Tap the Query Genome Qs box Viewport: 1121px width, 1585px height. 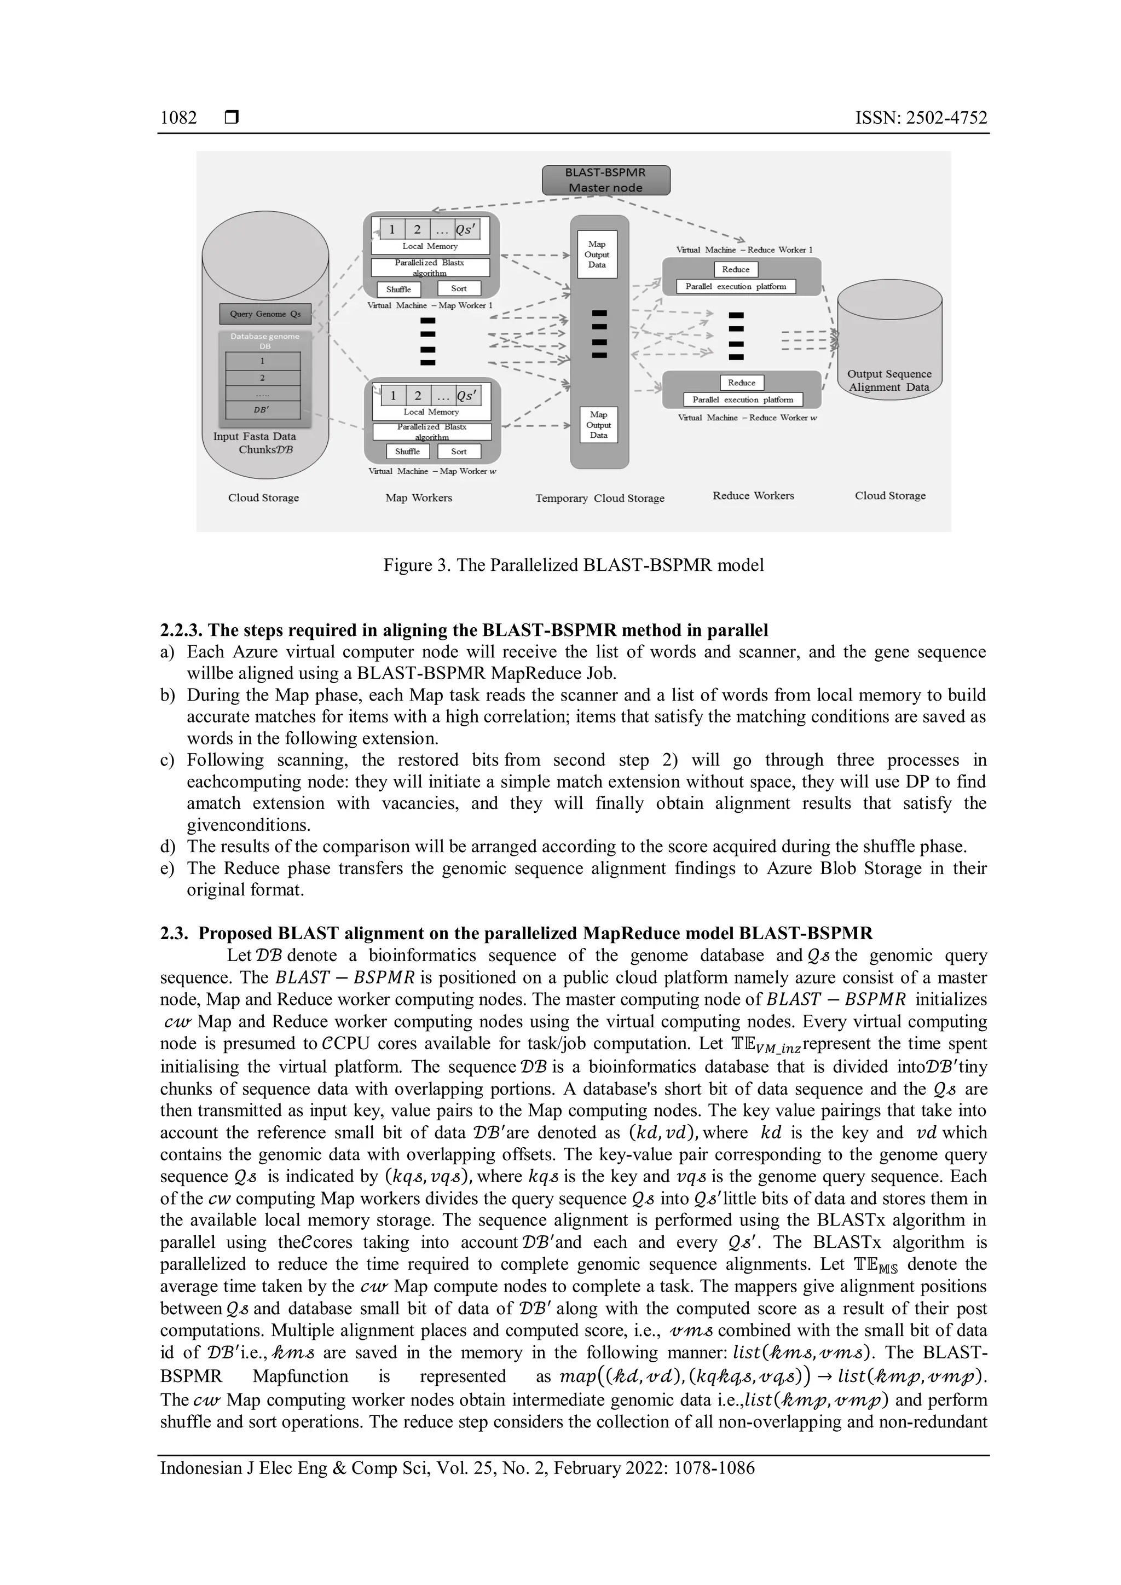pos(265,314)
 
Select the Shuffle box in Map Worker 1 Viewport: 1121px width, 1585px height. pos(398,289)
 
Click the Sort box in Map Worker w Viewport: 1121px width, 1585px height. pos(459,452)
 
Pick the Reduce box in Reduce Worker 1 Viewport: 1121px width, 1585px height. pos(735,270)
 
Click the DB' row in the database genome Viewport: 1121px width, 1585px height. pos(262,409)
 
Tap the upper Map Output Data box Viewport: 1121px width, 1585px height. pos(597,254)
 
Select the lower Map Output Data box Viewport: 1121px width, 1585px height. pos(598,425)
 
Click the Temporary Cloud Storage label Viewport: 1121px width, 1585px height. pos(599,499)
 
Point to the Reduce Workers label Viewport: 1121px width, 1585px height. pos(753,496)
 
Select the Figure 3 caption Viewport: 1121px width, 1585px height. pos(573,565)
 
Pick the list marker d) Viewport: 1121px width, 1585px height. pos(167,846)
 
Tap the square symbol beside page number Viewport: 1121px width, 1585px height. pos(232,118)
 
